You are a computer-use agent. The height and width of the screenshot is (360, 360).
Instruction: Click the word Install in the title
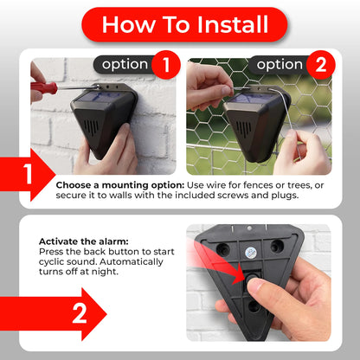233,24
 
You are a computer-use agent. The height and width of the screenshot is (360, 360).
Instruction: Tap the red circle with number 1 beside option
166,65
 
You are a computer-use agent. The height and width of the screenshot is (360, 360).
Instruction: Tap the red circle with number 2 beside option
321,65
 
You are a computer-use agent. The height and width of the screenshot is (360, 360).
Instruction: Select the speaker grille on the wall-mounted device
91,127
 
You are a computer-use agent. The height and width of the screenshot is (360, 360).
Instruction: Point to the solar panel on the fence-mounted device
249,98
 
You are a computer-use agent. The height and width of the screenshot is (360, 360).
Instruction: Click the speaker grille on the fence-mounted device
244,129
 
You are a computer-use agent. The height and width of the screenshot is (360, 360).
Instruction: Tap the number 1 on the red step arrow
28,174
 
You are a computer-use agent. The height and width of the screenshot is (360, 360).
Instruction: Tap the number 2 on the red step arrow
80,313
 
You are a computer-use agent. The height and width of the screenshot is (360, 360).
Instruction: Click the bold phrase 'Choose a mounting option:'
120,185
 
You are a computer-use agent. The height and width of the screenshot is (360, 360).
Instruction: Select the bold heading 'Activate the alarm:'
84,241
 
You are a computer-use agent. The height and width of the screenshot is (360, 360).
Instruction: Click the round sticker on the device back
251,253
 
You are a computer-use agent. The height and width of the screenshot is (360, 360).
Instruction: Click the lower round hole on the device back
254,306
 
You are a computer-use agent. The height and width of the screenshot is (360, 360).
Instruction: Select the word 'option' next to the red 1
125,65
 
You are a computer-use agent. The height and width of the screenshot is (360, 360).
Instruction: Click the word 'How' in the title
129,24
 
